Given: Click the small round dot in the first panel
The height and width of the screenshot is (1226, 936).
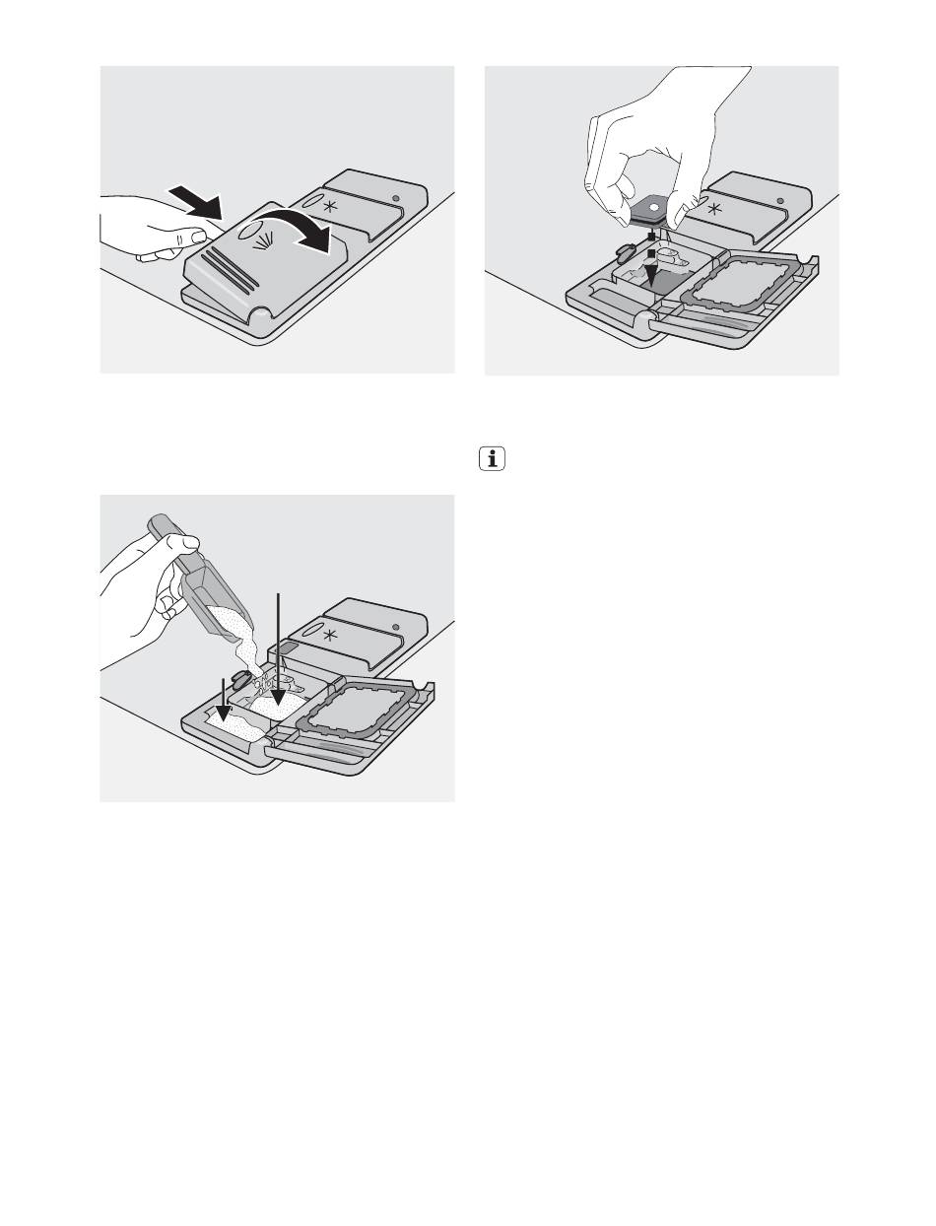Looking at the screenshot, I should (x=396, y=200).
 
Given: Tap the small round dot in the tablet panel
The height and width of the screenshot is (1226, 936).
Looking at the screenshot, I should (x=780, y=200).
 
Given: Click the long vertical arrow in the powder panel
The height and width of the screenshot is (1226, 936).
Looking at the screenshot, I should (x=280, y=650).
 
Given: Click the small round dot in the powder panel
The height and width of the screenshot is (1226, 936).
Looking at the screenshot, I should (x=396, y=628).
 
